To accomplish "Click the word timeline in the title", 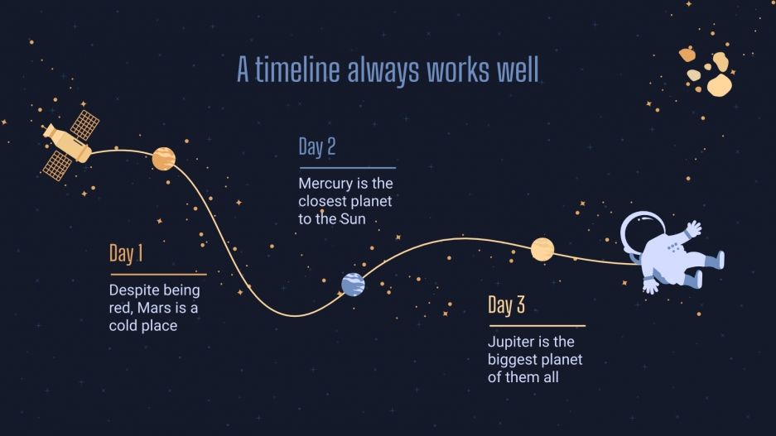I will point(298,70).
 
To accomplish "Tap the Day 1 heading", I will point(126,254).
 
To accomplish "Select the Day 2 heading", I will point(316,147).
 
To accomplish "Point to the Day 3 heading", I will point(506,305).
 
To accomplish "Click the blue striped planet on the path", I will point(353,285).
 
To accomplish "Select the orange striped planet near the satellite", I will point(164,158).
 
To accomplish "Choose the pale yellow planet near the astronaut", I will point(542,249).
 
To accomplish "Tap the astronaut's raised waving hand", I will point(693,228).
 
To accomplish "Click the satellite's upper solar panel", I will point(84,125).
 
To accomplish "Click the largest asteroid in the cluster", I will point(719,84).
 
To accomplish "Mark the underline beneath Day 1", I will point(157,274).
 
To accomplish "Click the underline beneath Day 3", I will point(536,326).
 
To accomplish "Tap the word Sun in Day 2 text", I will point(351,219).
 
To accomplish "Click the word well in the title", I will point(518,70).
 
